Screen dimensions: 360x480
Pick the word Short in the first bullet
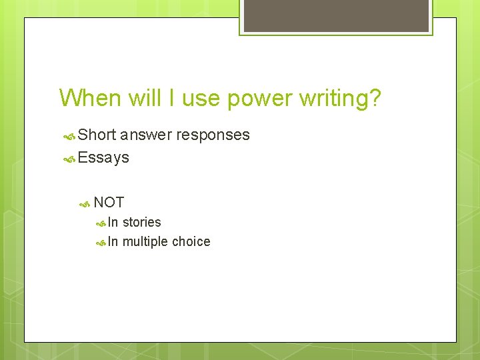tap(97, 135)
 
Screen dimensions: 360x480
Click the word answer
tap(145, 135)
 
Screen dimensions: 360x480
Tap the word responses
tap(213, 135)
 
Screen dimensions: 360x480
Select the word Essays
tap(103, 158)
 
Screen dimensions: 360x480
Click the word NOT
tap(109, 203)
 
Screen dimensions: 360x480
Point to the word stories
tap(141, 222)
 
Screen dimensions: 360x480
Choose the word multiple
tap(145, 242)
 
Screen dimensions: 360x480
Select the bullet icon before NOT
tap(85, 203)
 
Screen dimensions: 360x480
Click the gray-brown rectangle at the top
tap(336, 15)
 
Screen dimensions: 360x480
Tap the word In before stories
tap(113, 222)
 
